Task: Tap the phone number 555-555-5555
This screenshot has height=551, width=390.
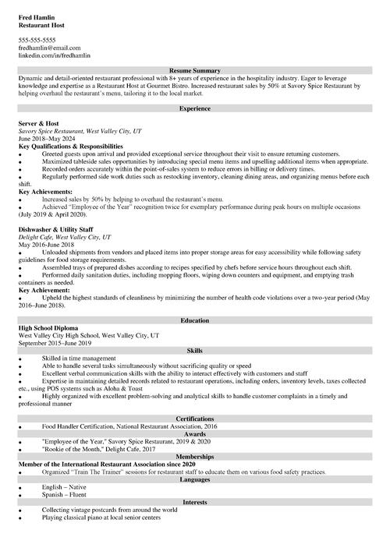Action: click(x=37, y=40)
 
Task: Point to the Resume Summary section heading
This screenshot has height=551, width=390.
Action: click(x=194, y=71)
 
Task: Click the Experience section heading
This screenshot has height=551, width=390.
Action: click(x=194, y=108)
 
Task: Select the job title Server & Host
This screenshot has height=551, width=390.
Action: click(x=40, y=123)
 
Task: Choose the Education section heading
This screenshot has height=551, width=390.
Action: click(x=194, y=320)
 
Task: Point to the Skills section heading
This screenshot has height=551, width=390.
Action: click(x=194, y=351)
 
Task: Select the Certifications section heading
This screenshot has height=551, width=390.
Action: click(x=194, y=419)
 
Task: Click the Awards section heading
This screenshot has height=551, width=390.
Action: click(x=194, y=434)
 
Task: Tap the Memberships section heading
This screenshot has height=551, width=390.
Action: click(x=194, y=457)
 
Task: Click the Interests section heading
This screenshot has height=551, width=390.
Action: click(x=194, y=503)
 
